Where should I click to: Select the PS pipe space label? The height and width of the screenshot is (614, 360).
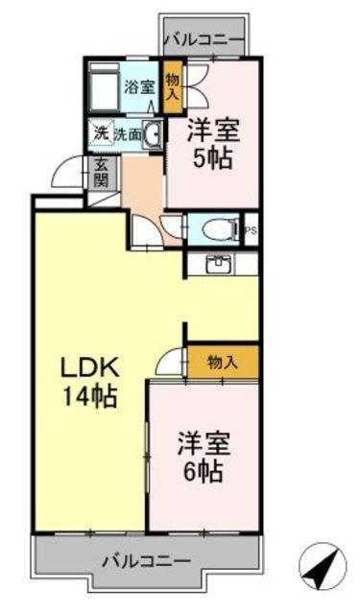tap(251, 230)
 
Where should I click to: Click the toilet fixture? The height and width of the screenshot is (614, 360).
tap(220, 229)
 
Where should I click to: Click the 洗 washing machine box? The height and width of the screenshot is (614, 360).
tap(101, 133)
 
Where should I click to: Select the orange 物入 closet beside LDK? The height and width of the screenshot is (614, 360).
tap(222, 362)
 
